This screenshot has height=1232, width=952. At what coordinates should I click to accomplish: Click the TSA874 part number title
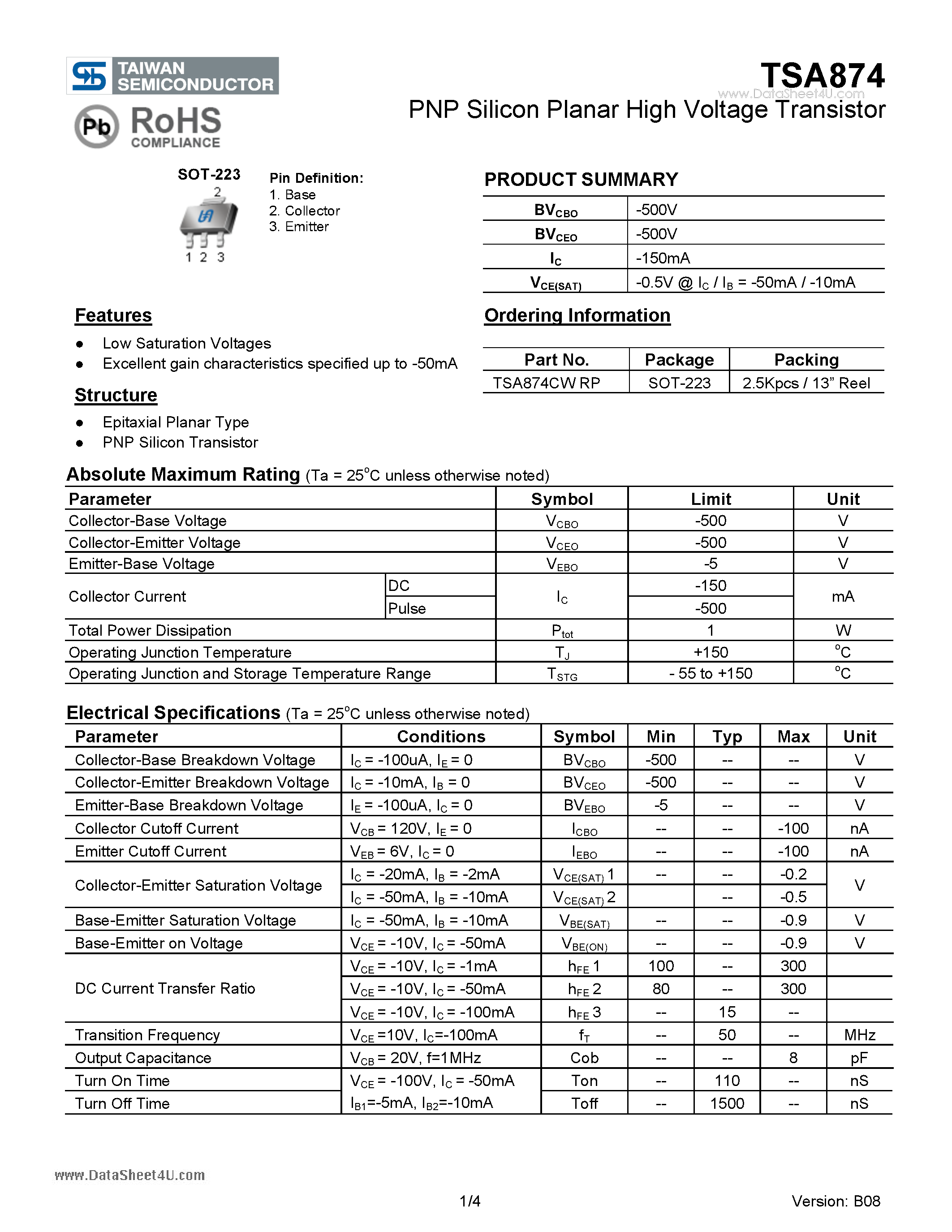click(x=822, y=76)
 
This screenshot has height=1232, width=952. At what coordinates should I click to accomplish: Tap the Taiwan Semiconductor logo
click(x=172, y=76)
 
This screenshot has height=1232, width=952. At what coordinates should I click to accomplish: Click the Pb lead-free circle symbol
click(x=96, y=126)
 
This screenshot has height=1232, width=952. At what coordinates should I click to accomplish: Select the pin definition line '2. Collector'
click(x=304, y=211)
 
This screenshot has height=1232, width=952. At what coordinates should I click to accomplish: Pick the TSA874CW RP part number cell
click(x=546, y=383)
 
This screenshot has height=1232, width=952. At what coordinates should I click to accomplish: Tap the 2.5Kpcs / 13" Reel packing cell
click(x=806, y=383)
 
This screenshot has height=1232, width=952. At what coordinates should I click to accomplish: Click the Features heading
click(x=113, y=315)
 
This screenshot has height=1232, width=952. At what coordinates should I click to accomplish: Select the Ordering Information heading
click(x=577, y=315)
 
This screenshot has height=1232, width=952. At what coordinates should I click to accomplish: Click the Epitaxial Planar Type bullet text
click(x=176, y=422)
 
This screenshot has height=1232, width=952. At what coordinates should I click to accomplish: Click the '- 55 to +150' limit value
click(x=711, y=673)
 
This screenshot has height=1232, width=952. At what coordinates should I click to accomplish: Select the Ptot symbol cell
click(x=562, y=631)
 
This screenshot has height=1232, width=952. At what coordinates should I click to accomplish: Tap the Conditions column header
click(x=440, y=736)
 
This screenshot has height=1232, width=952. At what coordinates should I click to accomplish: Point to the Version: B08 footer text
click(x=835, y=1201)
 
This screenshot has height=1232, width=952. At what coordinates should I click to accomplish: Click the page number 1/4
click(x=470, y=1201)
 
